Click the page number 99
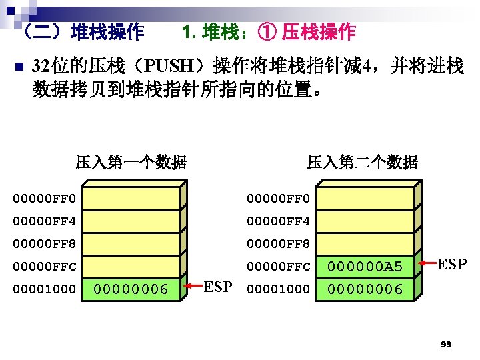click(x=446, y=344)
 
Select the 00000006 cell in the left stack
click(x=132, y=289)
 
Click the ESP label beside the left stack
click(x=217, y=288)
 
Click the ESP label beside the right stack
click(x=452, y=265)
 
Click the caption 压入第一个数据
click(x=131, y=162)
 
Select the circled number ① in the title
click(x=271, y=31)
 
